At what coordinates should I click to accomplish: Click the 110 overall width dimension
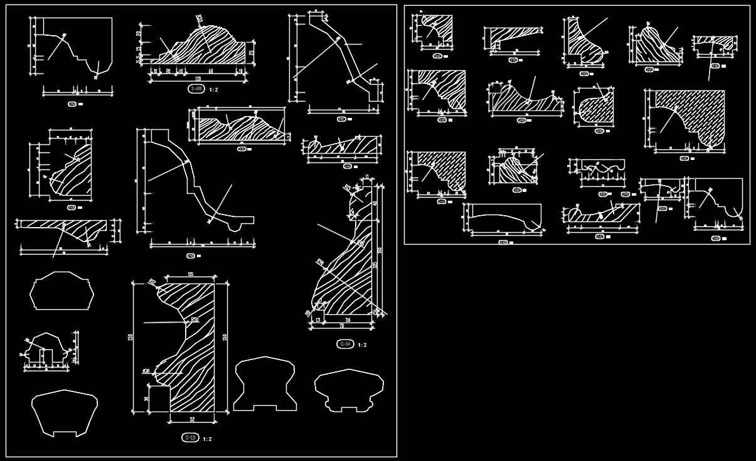click(x=198, y=78)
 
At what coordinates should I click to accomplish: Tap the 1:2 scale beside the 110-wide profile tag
click(x=213, y=90)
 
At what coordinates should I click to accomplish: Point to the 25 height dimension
click(x=251, y=53)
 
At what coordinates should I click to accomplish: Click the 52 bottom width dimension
click(x=191, y=419)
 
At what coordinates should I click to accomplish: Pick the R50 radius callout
click(x=194, y=320)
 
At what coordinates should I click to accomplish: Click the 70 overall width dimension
click(x=341, y=326)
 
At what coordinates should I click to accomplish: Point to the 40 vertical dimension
click(x=375, y=203)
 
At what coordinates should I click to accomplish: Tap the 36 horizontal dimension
click(x=348, y=320)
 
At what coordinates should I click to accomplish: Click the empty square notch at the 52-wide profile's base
click(x=159, y=399)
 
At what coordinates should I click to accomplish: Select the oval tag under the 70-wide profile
click(x=344, y=344)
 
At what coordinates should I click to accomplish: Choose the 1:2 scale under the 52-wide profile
click(x=207, y=439)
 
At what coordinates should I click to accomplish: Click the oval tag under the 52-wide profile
click(x=189, y=438)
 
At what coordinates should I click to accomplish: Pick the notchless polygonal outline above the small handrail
click(x=61, y=291)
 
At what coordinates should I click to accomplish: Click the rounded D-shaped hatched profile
click(x=593, y=107)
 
